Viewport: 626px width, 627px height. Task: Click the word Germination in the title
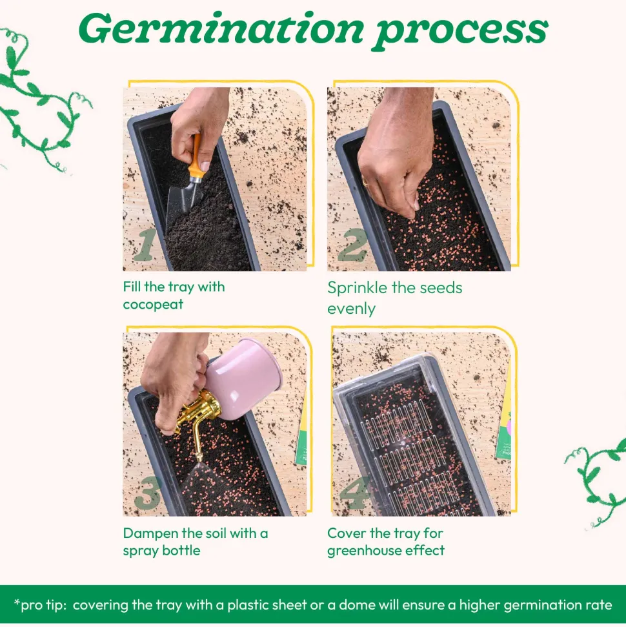[x=221, y=29]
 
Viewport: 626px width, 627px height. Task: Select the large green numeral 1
[x=145, y=244]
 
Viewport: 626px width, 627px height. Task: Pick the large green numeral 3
[x=148, y=493]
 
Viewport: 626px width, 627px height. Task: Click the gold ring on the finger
[x=365, y=181]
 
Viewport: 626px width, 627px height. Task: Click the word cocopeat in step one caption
[x=153, y=305]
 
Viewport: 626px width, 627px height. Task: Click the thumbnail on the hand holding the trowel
[x=205, y=166]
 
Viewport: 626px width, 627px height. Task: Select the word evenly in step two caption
[x=351, y=309]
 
